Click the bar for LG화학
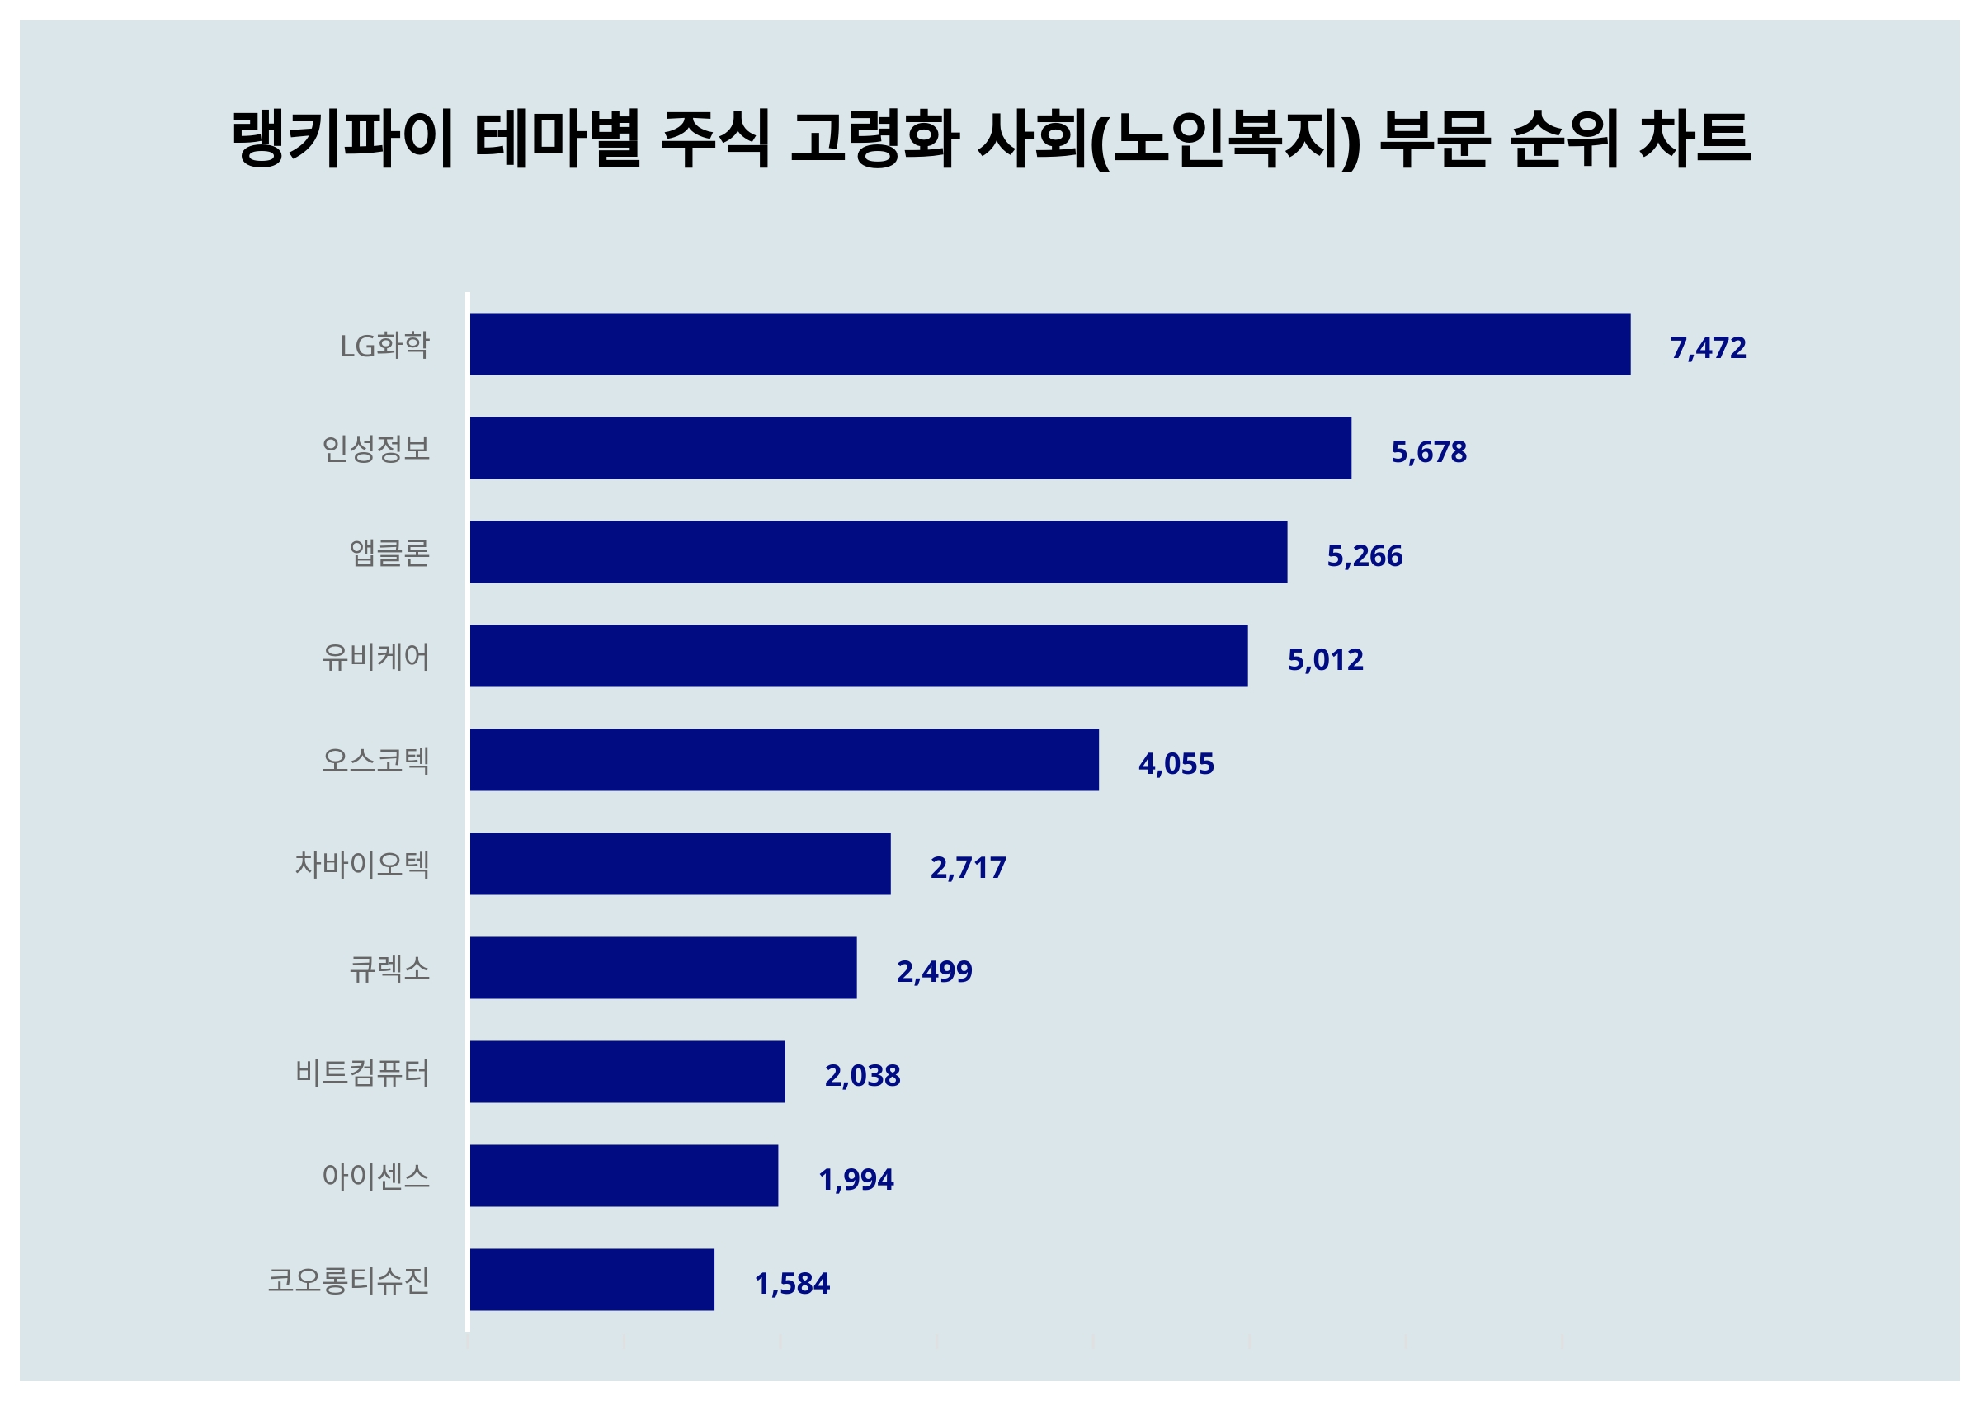(1049, 344)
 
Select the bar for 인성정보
(910, 448)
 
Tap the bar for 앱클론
(878, 552)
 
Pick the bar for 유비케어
(858, 656)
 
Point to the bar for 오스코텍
(784, 760)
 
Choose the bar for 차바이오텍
(680, 864)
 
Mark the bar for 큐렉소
(663, 968)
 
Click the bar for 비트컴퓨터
(627, 1072)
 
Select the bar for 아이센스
(624, 1176)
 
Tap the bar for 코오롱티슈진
(592, 1280)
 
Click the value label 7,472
(1708, 347)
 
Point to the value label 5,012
(1325, 660)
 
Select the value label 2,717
(968, 868)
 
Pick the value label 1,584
(792, 1284)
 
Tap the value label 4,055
(1176, 764)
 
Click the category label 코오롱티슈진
(348, 1281)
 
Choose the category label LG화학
(384, 345)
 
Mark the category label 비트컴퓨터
(362, 1073)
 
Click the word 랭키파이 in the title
(342, 138)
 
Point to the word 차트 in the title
(1694, 138)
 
